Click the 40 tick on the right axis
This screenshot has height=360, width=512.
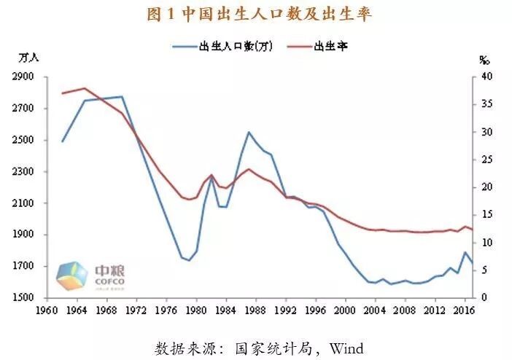487,77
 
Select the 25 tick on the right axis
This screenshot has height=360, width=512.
487,160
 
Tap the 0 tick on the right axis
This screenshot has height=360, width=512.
484,298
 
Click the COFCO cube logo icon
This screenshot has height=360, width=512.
73,275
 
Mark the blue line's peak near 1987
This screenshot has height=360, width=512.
249,133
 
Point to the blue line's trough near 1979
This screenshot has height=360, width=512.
189,260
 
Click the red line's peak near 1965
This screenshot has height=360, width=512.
85,88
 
